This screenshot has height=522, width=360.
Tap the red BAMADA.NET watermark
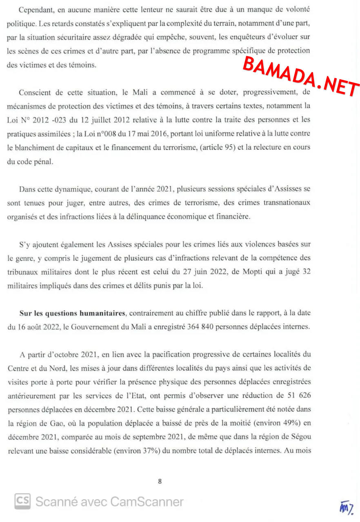coord(301,77)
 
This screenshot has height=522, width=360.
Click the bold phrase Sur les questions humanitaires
coord(72,313)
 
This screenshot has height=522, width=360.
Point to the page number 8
coord(160,481)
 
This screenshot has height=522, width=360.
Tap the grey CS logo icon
coord(23,501)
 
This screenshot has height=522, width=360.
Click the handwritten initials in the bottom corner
coord(345,506)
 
